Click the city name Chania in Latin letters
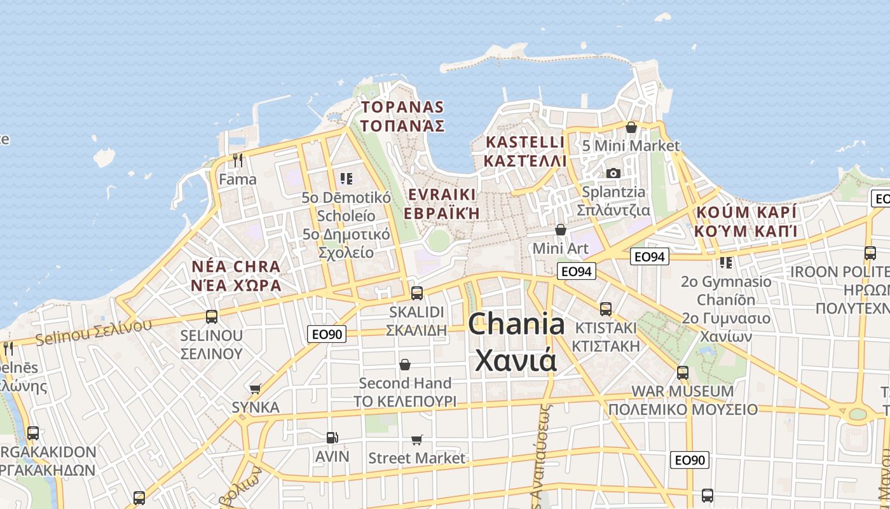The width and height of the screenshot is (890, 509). point(516,325)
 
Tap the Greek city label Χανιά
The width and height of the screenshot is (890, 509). point(516,361)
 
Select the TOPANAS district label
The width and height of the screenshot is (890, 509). point(402,107)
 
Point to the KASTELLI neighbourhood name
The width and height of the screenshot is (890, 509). point(525,142)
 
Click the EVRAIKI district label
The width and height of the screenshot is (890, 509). point(442,194)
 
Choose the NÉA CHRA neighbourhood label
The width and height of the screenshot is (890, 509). point(236,267)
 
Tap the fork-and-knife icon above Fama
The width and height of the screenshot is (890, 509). point(238,160)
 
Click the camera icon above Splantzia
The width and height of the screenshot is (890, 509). point(613,173)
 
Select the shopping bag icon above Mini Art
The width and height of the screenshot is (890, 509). point(561,230)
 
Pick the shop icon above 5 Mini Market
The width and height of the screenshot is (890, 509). point(631,127)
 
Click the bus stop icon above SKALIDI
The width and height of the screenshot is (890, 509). point(417,293)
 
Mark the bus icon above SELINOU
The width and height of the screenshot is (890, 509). point(212,316)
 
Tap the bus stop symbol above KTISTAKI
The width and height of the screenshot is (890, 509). point(606,309)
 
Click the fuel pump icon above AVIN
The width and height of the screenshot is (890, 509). point(332,438)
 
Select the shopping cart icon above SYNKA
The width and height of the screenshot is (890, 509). point(256,389)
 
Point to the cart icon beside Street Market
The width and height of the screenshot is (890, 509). point(417,440)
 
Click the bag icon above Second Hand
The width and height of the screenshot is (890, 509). point(405,365)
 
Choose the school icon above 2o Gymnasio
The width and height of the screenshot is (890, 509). point(726,262)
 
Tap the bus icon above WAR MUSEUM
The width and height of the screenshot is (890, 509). point(683,372)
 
